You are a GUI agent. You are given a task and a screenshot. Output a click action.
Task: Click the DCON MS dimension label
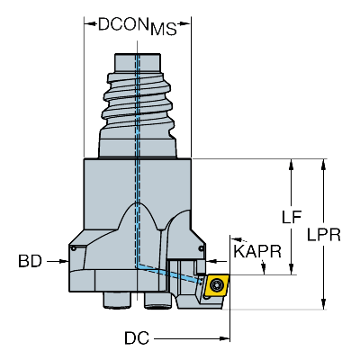pyautogui.click(x=137, y=26)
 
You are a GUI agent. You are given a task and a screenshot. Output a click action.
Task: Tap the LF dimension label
pyautogui.click(x=292, y=217)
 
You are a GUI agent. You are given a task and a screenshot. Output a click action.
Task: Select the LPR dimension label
pyautogui.click(x=324, y=235)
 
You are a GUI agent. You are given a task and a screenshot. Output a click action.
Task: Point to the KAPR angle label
pyautogui.click(x=257, y=251)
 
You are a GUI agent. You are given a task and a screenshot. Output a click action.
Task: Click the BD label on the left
pyautogui.click(x=30, y=261)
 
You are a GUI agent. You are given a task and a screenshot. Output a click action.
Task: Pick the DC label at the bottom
pyautogui.click(x=137, y=338)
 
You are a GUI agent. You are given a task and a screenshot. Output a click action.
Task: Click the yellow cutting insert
pyautogui.click(x=217, y=285)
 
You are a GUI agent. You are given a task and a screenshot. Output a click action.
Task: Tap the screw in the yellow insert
pyautogui.click(x=215, y=284)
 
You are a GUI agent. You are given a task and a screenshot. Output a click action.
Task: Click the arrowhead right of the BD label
pyautogui.click(x=64, y=261)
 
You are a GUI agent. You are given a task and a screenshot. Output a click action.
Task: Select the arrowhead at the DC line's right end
pyautogui.click(x=225, y=338)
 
